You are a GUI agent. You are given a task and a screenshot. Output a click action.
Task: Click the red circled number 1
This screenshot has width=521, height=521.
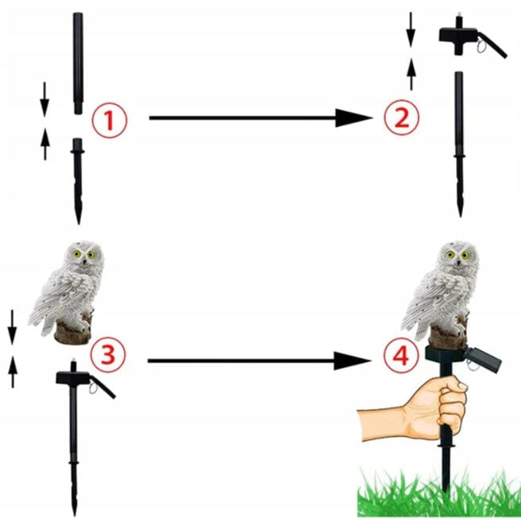pyautogui.click(x=110, y=121)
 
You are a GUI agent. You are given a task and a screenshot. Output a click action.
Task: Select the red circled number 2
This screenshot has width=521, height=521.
pyautogui.click(x=402, y=118)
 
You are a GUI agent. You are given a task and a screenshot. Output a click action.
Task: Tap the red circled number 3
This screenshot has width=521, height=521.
pyautogui.click(x=108, y=355)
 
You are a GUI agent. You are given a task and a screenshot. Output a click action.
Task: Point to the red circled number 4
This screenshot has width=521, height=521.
pyautogui.click(x=401, y=356)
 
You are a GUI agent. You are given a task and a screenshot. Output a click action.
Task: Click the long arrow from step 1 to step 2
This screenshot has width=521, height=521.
pyautogui.click(x=260, y=118)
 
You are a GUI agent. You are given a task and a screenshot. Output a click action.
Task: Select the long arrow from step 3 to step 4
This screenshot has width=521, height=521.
pyautogui.click(x=259, y=361)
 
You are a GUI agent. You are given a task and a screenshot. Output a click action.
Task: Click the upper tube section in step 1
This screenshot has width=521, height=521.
pyautogui.click(x=78, y=63)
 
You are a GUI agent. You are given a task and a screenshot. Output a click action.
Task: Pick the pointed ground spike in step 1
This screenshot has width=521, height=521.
pyautogui.click(x=78, y=181)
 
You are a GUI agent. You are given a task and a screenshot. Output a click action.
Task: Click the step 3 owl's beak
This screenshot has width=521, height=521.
pyautogui.click(x=85, y=262)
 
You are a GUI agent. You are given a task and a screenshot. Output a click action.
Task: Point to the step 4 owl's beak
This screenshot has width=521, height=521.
pyautogui.click(x=458, y=263)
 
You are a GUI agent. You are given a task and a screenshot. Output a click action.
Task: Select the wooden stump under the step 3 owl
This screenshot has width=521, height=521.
pyautogui.click(x=72, y=334)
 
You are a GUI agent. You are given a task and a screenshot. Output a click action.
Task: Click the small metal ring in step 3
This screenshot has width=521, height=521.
pyautogui.click(x=93, y=388)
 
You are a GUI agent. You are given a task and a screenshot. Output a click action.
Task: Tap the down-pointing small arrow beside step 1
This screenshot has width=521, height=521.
pyautogui.click(x=44, y=99)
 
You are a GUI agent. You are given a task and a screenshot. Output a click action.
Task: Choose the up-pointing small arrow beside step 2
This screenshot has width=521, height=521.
pyautogui.click(x=411, y=74)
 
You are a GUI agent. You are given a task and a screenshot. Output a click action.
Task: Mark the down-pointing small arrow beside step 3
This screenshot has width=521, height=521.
pyautogui.click(x=12, y=327)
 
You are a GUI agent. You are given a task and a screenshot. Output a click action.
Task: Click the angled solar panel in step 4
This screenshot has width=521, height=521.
pyautogui.click(x=484, y=360)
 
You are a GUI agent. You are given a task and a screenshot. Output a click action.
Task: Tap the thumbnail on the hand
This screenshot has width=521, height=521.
pyautogui.click(x=463, y=386)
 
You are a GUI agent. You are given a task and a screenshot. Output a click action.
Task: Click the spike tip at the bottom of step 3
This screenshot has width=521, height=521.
pyautogui.click(x=74, y=515)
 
